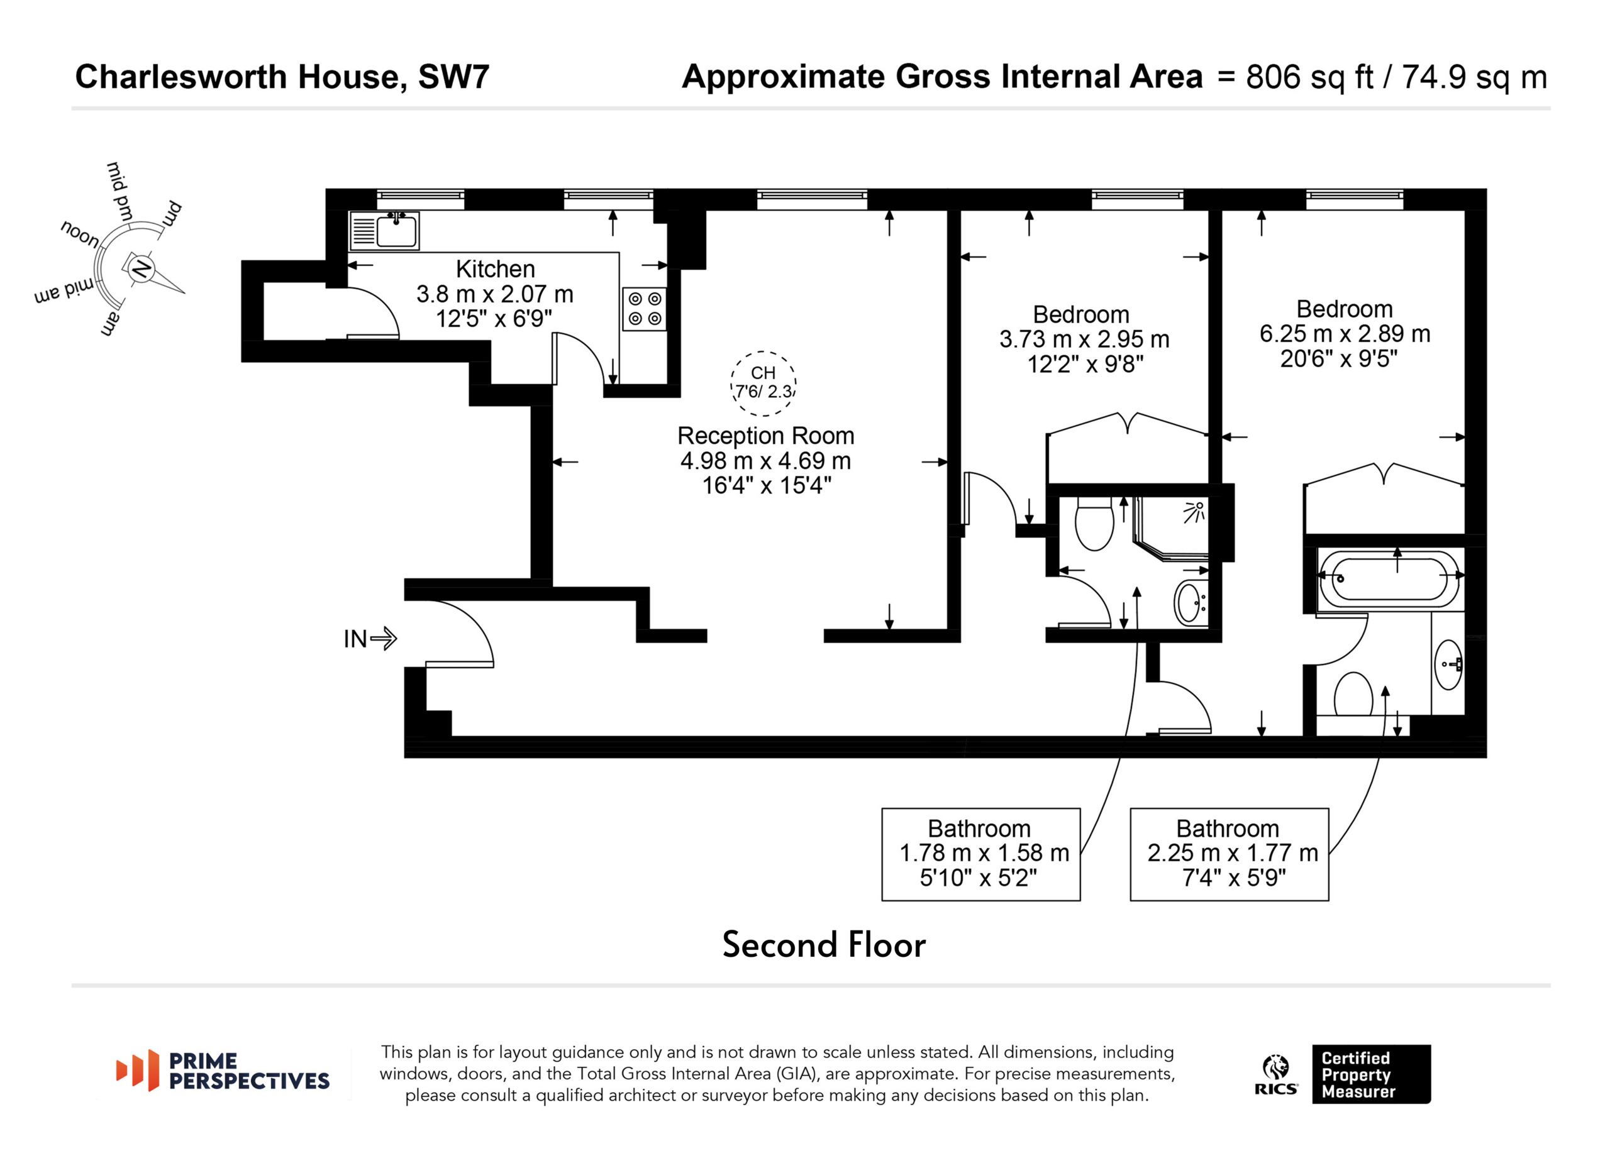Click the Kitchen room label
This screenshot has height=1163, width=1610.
coord(495,269)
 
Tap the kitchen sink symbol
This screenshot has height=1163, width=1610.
coord(384,231)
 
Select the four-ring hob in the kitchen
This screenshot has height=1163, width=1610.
coord(645,309)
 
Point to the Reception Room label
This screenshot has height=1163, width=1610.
coord(765,435)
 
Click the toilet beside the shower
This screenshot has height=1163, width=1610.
coord(1094,523)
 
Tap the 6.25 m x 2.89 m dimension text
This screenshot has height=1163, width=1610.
coord(1345,334)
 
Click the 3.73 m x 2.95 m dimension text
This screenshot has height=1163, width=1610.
coord(1084,339)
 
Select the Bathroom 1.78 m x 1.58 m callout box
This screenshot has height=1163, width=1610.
coord(980,854)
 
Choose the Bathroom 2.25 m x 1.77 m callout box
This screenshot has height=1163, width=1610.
coord(1229,854)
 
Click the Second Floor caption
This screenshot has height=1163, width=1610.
coord(823,945)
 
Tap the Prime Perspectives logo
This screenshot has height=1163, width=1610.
coord(223,1071)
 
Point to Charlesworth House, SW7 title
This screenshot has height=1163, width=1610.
coord(282,77)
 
